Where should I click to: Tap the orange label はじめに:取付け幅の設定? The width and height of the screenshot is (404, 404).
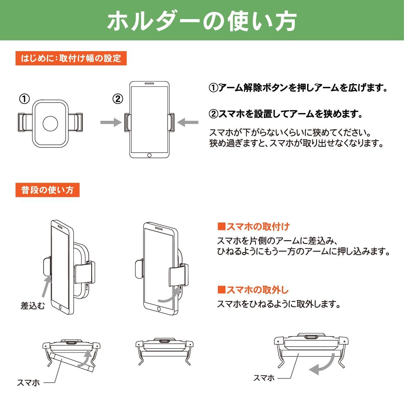click(x=71, y=58)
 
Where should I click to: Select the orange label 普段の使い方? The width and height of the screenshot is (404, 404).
click(x=47, y=190)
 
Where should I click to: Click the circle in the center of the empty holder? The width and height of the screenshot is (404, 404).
click(x=50, y=123)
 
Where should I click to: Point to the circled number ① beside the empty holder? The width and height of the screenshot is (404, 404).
click(x=24, y=99)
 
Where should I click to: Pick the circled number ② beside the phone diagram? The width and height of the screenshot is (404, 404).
click(x=117, y=99)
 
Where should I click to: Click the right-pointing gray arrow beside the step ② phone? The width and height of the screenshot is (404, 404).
click(x=111, y=122)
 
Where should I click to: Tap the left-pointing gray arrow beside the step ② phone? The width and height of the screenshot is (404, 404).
click(x=188, y=122)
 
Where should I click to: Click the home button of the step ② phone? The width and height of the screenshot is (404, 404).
click(x=149, y=155)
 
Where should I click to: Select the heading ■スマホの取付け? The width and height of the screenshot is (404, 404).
click(x=253, y=227)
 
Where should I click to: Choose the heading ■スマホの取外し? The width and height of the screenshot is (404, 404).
click(x=253, y=290)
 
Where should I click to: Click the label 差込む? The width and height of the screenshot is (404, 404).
click(x=33, y=306)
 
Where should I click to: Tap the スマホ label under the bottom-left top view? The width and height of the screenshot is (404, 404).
click(x=28, y=383)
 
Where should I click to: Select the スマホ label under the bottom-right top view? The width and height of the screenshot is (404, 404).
click(x=264, y=378)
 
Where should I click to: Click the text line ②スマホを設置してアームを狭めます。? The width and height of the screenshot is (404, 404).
click(x=286, y=114)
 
